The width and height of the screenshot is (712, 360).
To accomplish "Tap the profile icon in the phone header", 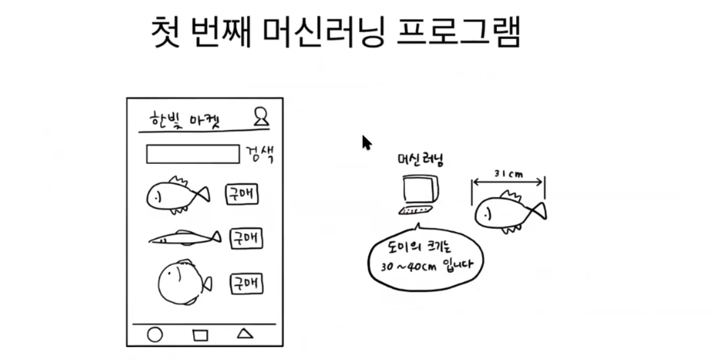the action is (x=261, y=116).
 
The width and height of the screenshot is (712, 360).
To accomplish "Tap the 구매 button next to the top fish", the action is (x=241, y=195).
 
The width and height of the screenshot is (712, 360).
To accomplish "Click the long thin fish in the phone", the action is (x=184, y=238).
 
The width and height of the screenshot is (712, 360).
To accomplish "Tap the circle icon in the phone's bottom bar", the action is (x=155, y=335).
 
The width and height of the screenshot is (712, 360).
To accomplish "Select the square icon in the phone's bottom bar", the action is (x=200, y=335).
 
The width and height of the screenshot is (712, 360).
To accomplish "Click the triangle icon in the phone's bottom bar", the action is (x=244, y=333).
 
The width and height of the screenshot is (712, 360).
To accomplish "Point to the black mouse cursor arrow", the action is (x=366, y=142).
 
